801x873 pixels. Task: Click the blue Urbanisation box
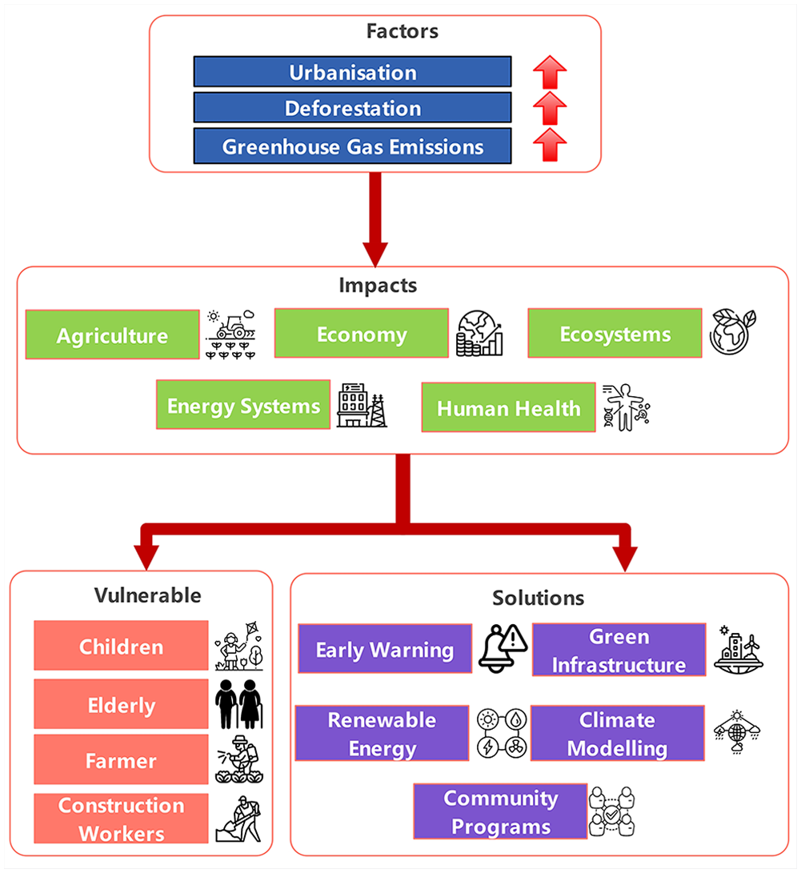(x=352, y=72)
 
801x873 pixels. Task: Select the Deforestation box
(x=352, y=107)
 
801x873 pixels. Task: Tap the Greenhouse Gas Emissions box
(x=352, y=146)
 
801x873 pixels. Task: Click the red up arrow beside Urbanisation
(x=550, y=72)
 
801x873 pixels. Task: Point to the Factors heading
(x=402, y=31)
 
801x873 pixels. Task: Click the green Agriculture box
(x=113, y=334)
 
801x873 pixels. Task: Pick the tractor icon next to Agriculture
(x=231, y=334)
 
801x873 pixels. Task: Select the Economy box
(x=361, y=333)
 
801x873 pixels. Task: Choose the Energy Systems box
(x=243, y=405)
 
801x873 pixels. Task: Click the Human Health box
(x=509, y=407)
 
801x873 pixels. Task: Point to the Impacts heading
(x=378, y=285)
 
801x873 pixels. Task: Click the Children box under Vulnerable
(x=121, y=645)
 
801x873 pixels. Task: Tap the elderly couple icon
(x=239, y=703)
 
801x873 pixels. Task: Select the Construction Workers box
(x=121, y=819)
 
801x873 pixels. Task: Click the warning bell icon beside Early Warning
(x=503, y=649)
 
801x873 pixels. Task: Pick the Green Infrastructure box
(x=619, y=650)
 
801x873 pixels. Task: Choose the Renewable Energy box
(x=382, y=733)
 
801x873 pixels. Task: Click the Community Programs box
(x=500, y=811)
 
